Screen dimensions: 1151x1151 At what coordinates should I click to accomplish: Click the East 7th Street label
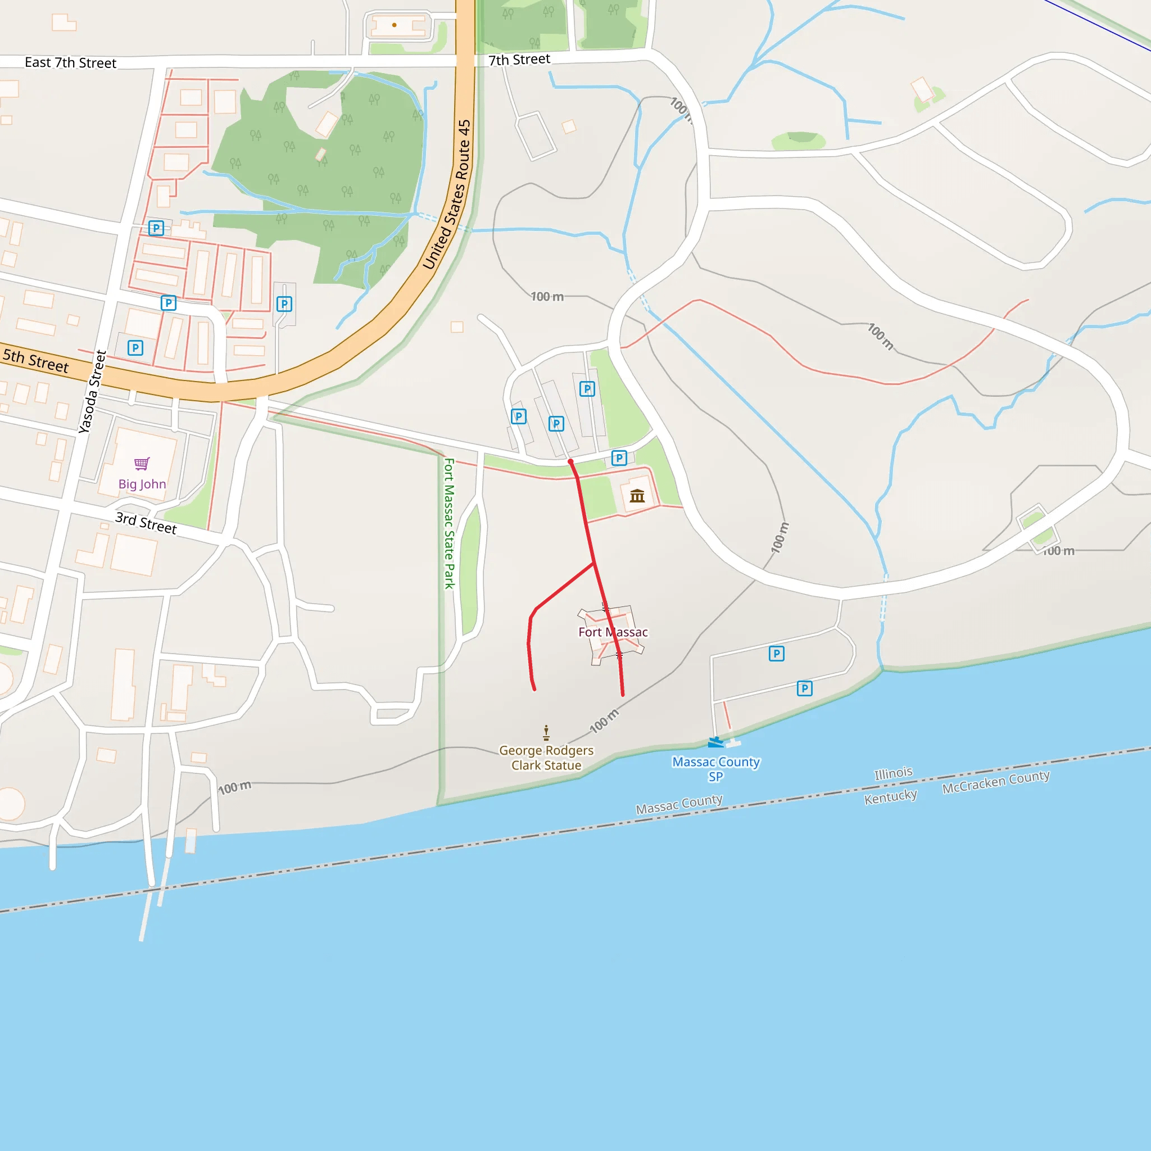coord(70,62)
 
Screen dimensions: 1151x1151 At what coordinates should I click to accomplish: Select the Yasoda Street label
coord(92,391)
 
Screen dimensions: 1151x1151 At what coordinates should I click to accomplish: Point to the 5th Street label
coord(36,360)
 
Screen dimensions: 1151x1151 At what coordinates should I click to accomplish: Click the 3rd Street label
coord(146,523)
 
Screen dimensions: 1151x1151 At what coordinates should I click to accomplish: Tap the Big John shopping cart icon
coord(142,464)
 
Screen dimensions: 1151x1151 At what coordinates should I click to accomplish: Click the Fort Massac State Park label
coord(449,523)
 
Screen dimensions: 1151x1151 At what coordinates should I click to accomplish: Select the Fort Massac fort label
coord(613,632)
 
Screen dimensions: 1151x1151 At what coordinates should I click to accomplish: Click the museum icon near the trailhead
coord(637,496)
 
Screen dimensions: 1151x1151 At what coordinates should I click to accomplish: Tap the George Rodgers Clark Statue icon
coord(546,732)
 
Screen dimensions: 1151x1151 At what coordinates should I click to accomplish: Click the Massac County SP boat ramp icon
coord(715,742)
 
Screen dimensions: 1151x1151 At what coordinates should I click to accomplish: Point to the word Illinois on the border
coord(893,773)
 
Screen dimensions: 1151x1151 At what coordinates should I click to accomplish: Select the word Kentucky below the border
coord(890,796)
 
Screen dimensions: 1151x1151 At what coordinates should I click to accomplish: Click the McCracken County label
coord(995,781)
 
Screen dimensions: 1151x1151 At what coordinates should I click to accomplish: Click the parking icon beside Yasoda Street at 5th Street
coord(135,348)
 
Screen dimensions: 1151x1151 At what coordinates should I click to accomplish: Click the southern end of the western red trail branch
coord(534,689)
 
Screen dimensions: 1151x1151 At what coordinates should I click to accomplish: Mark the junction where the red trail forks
coord(594,563)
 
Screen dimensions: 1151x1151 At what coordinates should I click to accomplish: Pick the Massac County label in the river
coord(678,804)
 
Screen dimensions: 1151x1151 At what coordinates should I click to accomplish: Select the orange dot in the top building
coord(395,25)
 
